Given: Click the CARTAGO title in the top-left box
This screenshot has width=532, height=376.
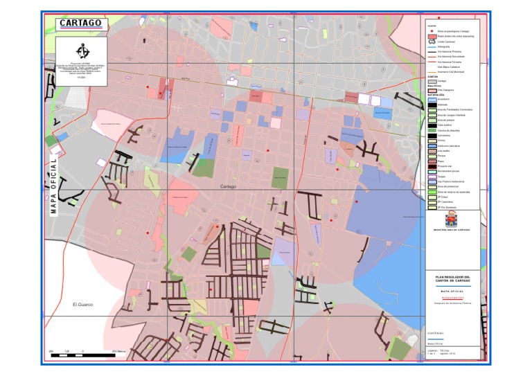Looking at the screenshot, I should pyautogui.click(x=80, y=23).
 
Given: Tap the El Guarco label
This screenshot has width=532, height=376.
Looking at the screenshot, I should pyautogui.click(x=82, y=305).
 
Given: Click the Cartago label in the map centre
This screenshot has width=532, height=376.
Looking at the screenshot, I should pyautogui.click(x=229, y=187).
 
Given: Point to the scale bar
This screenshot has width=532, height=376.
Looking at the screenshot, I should pyautogui.click(x=82, y=355).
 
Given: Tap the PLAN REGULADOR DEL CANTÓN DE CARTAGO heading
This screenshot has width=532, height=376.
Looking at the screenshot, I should pyautogui.click(x=452, y=278).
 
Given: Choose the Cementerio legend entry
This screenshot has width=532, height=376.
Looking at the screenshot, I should pyautogui.click(x=443, y=134).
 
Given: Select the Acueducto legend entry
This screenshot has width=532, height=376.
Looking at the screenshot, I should pyautogui.click(x=443, y=99).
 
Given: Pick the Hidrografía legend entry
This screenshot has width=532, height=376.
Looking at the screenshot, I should pyautogui.click(x=443, y=46).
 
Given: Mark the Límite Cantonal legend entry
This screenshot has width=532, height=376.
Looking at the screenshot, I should pyautogui.click(x=444, y=42).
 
